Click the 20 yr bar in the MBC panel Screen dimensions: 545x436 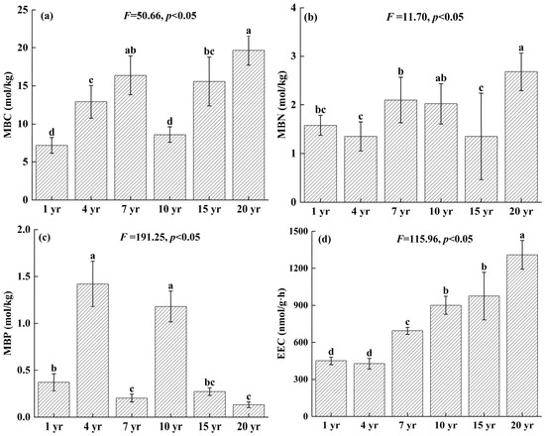[x=249, y=125]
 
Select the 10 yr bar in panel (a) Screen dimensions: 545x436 [x=169, y=167]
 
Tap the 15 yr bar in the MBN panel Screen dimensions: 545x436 [x=481, y=169]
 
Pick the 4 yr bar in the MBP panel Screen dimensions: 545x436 [x=92, y=350]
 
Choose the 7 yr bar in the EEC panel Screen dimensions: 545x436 [x=407, y=374]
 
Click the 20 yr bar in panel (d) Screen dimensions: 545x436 [x=521, y=336]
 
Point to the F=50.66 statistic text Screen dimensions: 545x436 [x=161, y=16]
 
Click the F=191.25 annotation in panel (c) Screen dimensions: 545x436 [x=161, y=237]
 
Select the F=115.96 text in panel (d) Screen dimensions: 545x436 [x=435, y=239]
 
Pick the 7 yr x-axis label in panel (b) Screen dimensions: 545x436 [x=400, y=212]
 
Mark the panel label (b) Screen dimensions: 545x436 [x=310, y=18]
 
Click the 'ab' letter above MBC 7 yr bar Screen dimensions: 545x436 [x=131, y=51]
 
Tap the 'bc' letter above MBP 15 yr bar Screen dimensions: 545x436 [x=210, y=382]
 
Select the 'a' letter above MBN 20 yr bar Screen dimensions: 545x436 [x=521, y=48]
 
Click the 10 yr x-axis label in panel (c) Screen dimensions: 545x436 [x=170, y=427]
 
